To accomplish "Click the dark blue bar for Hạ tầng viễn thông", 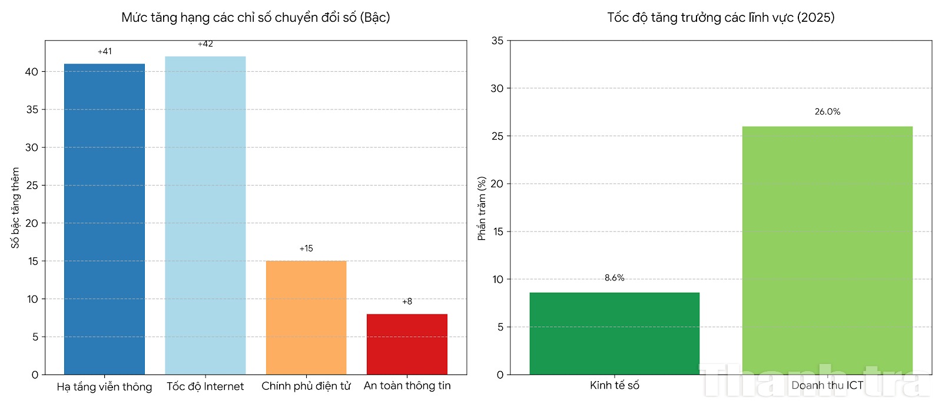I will click(104, 219).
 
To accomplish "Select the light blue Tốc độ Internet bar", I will click(205, 216).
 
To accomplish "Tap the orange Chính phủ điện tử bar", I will click(306, 317).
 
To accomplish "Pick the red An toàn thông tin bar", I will click(407, 344).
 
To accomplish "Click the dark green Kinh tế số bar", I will click(614, 333).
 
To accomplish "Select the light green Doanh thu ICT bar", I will click(827, 250).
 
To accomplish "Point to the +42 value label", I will click(205, 44).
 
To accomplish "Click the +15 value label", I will click(306, 249).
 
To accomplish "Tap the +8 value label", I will click(407, 302).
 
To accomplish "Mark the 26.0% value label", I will click(827, 112).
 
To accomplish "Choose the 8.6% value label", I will click(614, 278).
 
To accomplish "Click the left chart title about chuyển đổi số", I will click(256, 18).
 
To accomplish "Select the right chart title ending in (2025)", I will click(721, 18).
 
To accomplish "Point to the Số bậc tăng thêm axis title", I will click(15, 207).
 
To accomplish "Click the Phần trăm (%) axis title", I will click(482, 208).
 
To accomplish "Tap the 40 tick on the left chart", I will click(32, 72).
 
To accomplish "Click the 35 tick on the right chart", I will click(497, 41).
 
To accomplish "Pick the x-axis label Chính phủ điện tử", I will click(306, 386).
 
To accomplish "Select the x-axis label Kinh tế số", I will click(614, 386).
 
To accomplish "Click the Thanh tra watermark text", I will click(815, 382).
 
